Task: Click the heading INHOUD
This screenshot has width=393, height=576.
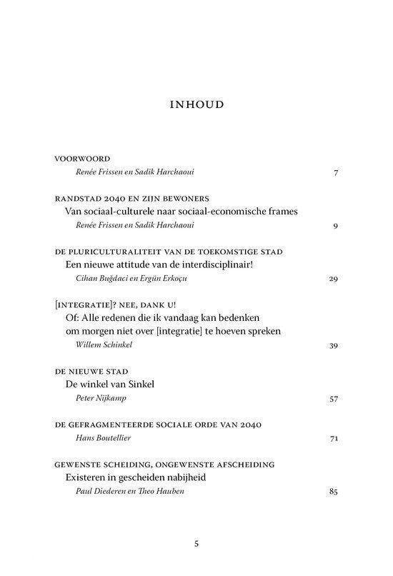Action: tap(197, 105)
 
